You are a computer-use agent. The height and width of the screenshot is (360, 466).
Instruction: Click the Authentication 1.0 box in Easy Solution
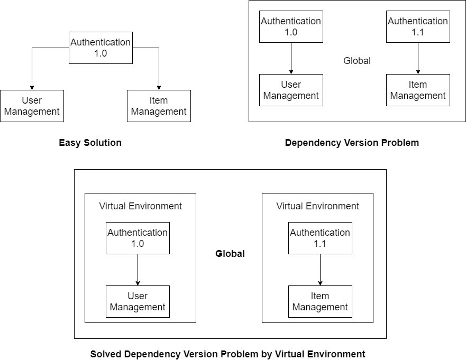coord(100,48)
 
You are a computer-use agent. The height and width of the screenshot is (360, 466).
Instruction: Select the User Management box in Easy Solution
coord(32,106)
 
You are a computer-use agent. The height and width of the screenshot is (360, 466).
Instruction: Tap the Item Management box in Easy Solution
coord(159,106)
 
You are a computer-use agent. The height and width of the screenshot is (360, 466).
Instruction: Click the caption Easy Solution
coord(90,143)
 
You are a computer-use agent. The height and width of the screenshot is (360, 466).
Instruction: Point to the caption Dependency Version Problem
coord(352,143)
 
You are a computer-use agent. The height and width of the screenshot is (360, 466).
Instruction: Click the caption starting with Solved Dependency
coord(227,354)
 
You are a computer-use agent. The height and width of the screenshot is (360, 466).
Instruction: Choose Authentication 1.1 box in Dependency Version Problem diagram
coord(418,27)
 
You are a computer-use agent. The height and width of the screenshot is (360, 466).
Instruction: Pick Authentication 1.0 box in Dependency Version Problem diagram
coord(291,27)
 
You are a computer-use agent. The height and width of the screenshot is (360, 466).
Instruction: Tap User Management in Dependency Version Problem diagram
coord(291,90)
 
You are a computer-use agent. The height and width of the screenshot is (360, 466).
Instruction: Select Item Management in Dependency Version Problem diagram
coord(418,90)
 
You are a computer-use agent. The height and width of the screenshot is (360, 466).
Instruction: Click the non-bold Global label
coord(357,61)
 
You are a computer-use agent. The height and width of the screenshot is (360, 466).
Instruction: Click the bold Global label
coord(230,254)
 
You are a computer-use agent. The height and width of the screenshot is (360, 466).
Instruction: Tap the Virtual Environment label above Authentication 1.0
coord(140,206)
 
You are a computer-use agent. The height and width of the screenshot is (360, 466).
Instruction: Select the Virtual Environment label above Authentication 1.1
coord(317,206)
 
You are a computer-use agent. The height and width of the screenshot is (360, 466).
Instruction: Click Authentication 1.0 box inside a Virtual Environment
coord(138,238)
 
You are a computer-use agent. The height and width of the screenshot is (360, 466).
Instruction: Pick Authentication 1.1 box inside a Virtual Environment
coord(320,238)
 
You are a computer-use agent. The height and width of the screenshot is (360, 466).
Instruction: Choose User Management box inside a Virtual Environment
coord(138,301)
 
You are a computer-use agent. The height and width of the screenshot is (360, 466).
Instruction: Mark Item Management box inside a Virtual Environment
coord(320,301)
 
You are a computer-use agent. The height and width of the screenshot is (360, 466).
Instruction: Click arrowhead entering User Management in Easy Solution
coord(32,87)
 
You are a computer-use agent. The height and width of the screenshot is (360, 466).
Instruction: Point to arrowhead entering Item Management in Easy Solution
coord(159,87)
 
